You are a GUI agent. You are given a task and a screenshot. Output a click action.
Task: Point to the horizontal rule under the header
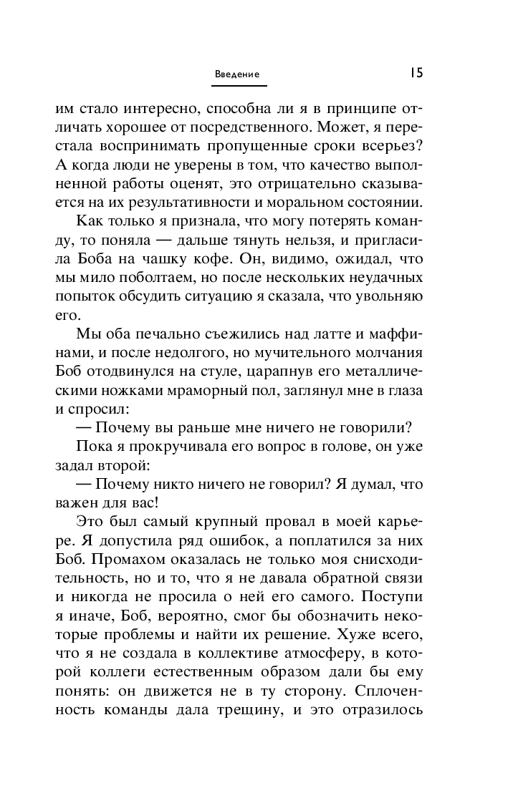coord(239,86)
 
